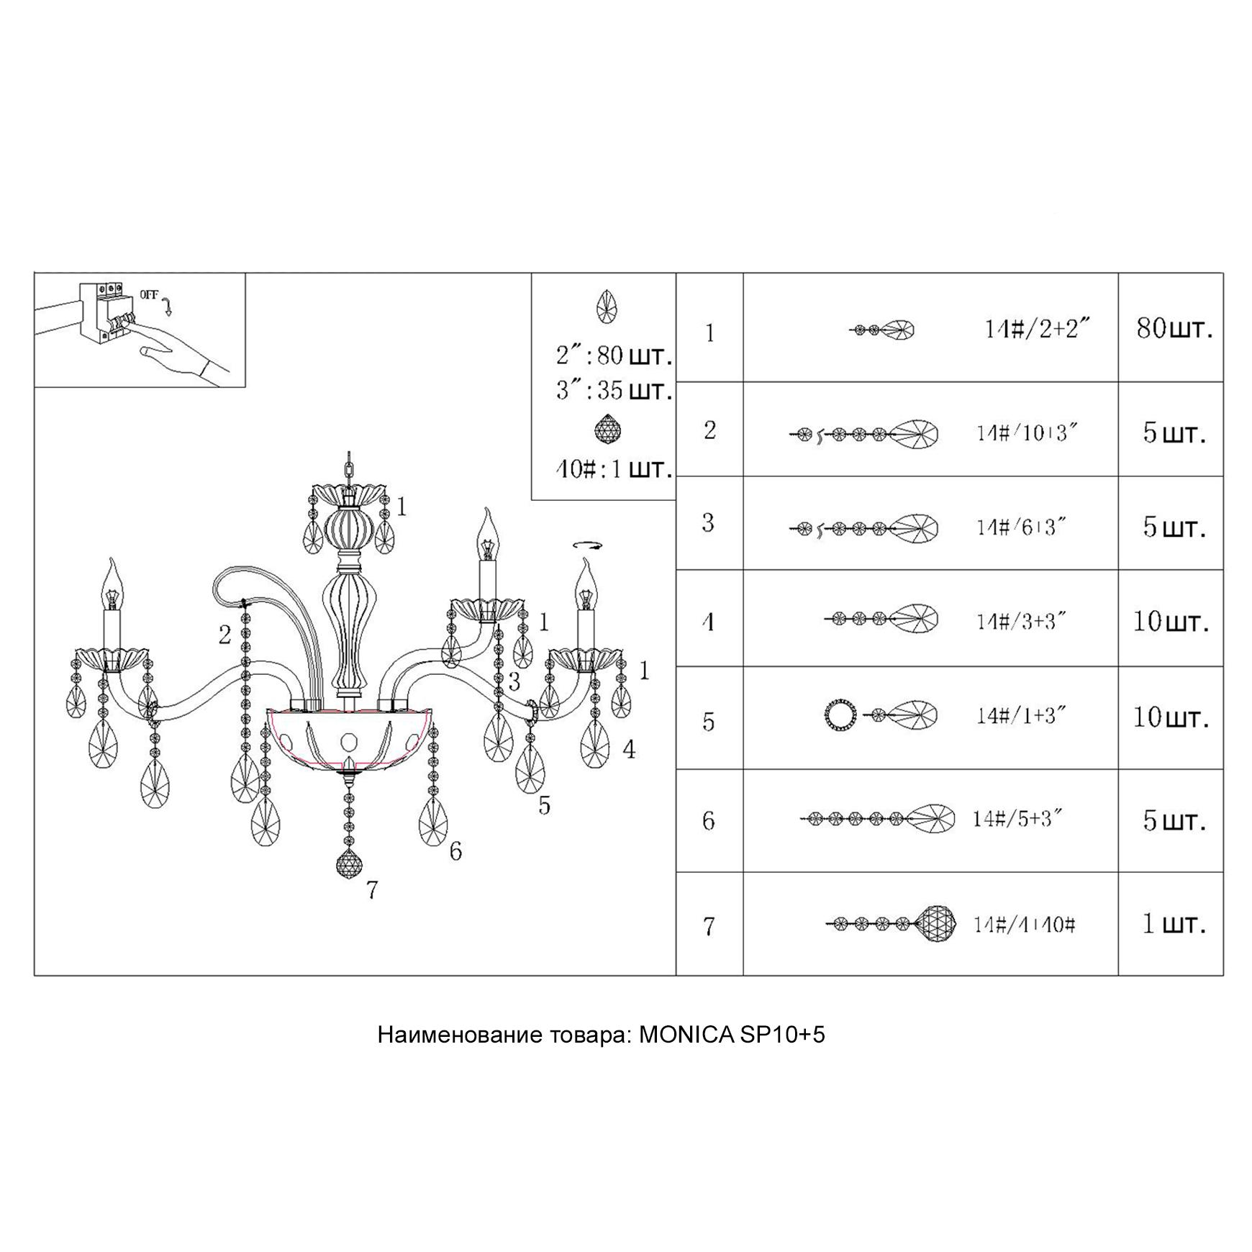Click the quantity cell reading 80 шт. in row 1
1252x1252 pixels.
coord(1174,329)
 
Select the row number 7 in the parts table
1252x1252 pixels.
coord(709,926)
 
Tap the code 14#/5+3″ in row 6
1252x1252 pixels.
coord(1017,819)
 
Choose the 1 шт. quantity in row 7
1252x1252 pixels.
coord(1174,924)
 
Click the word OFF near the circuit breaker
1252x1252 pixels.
coord(149,295)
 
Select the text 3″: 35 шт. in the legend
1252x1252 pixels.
coord(614,391)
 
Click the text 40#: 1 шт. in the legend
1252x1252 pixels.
coord(614,469)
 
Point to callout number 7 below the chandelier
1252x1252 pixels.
coord(371,891)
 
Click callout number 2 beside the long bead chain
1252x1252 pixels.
coord(225,635)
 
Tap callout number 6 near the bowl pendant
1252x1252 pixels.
coord(455,852)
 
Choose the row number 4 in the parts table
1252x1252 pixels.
coord(709,620)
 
